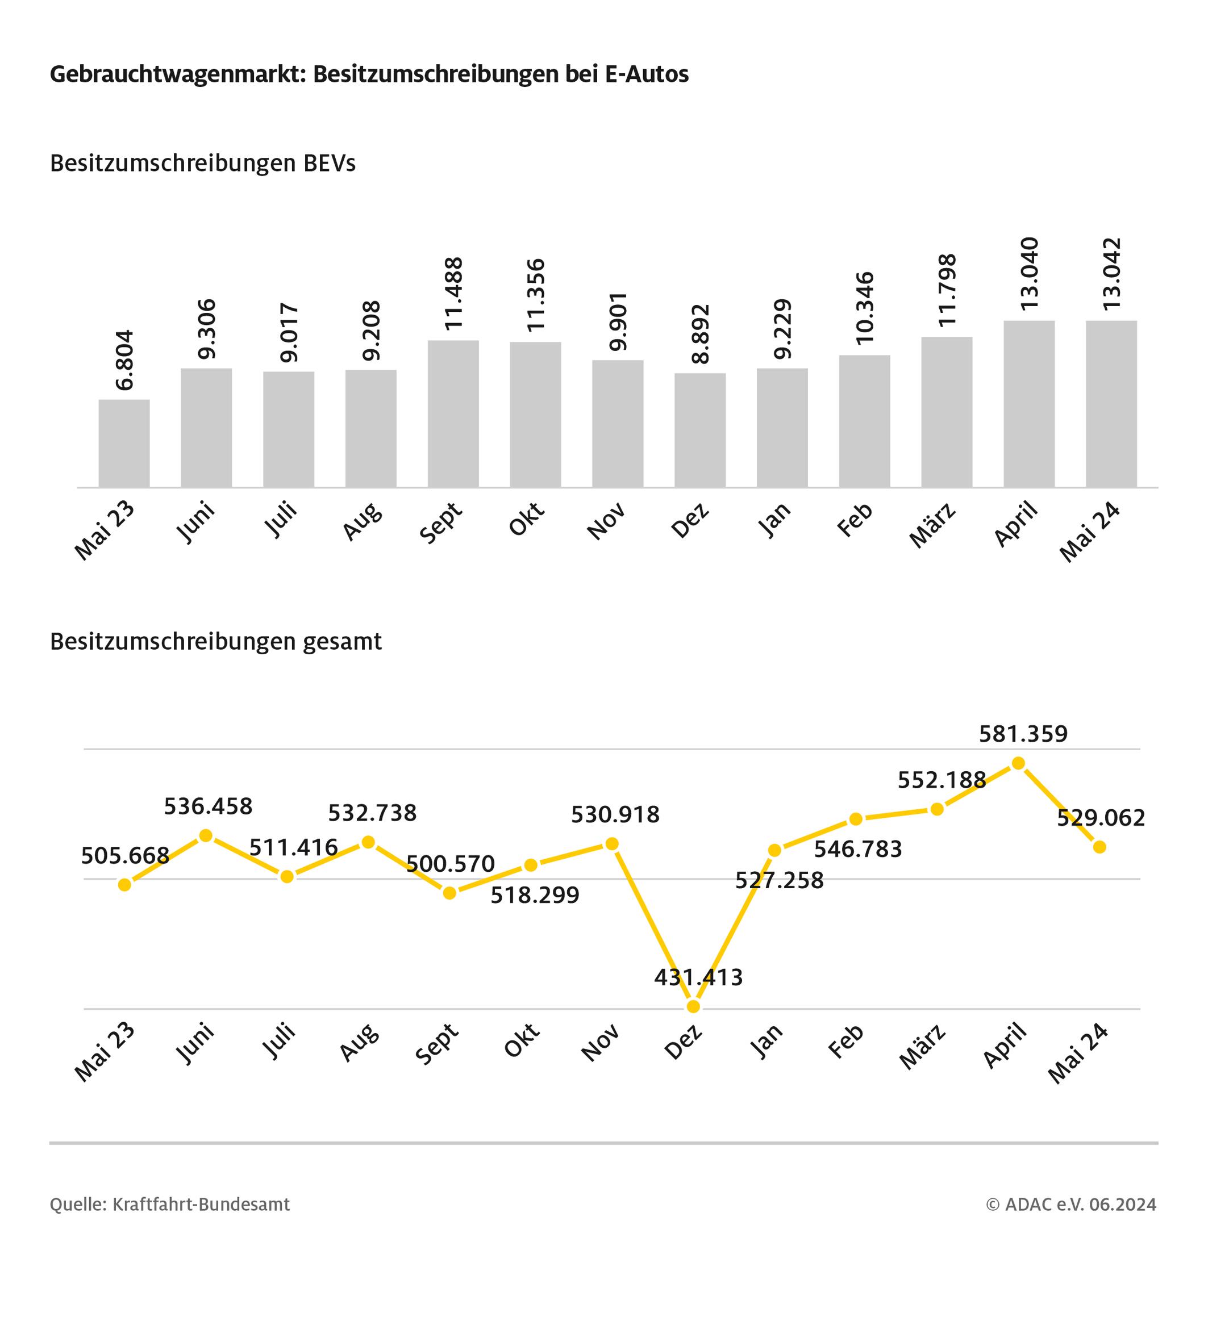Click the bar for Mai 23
click(124, 443)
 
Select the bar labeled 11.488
click(453, 413)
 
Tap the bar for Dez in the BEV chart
click(700, 430)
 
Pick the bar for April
click(1029, 404)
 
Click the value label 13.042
click(1111, 274)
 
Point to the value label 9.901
click(618, 321)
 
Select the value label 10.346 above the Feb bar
click(864, 308)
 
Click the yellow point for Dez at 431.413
click(694, 1007)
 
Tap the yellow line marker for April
click(1018, 763)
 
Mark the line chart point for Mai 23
click(125, 885)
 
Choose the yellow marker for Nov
click(613, 844)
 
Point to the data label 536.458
click(208, 806)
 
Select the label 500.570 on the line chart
click(451, 864)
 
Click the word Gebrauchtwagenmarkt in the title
click(175, 74)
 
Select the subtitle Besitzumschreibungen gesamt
click(216, 642)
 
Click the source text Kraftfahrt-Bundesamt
click(201, 1204)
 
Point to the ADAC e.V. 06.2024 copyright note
click(1072, 1204)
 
